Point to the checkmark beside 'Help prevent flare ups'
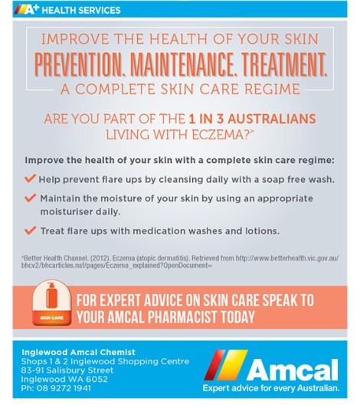pos(30,178)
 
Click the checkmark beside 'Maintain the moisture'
pos(30,197)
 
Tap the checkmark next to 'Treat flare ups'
pos(30,230)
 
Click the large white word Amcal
pos(292,370)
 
